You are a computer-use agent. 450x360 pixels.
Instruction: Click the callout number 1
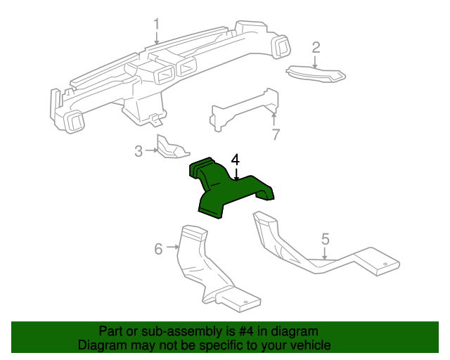157,24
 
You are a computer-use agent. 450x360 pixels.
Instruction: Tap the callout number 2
316,47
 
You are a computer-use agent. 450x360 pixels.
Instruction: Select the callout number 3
139,150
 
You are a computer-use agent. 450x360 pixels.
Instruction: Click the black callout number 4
236,160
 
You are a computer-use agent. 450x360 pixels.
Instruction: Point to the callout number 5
325,239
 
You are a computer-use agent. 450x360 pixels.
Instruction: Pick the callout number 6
158,247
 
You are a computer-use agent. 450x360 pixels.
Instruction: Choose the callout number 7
276,134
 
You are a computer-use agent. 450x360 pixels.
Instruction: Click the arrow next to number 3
150,150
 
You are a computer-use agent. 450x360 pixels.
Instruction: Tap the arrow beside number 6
171,247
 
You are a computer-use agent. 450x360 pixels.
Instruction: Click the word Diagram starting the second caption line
101,345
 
